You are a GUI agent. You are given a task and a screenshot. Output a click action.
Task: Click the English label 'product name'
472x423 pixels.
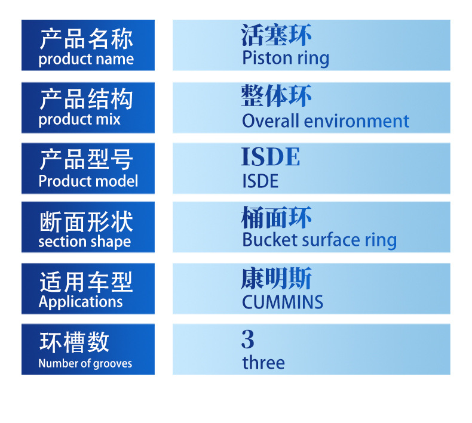[x=86, y=59]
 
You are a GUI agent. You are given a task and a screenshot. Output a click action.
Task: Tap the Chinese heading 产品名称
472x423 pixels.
[x=86, y=39]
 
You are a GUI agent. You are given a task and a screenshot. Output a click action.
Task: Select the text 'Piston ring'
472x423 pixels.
[x=286, y=58]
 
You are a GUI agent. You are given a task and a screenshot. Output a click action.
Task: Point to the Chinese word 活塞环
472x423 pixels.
[x=276, y=35]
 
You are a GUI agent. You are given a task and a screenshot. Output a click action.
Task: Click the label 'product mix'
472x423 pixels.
[x=79, y=120]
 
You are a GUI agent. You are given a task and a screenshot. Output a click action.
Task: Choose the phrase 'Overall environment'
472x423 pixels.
[x=326, y=121]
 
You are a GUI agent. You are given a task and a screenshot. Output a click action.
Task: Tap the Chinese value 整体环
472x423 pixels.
[x=276, y=95]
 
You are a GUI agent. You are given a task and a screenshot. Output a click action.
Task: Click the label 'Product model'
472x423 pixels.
[x=88, y=181]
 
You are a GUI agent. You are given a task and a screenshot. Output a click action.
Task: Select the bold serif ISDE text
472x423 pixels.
[x=271, y=157]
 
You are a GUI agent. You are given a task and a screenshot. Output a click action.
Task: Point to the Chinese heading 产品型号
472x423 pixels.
[x=86, y=159]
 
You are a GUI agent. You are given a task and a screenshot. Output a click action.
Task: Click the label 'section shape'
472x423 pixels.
[x=85, y=242]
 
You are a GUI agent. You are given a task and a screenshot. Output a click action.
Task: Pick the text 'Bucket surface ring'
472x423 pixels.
[x=320, y=240]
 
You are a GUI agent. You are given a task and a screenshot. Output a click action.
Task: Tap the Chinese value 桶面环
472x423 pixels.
[x=276, y=217]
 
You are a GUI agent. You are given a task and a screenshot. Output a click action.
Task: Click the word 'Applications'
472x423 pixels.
[x=81, y=302]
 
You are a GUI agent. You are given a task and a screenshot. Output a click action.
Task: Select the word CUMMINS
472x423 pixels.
[x=283, y=302]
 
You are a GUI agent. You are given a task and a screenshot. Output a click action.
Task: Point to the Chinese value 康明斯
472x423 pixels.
[x=276, y=279]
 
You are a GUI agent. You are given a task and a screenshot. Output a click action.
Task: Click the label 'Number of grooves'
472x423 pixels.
[x=85, y=363]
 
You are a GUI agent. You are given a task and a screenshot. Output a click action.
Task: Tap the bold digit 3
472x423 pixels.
[x=248, y=339]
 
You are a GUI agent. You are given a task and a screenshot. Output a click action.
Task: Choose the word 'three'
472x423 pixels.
[x=263, y=363]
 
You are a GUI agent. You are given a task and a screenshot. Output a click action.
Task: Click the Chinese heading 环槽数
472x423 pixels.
[x=74, y=342]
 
